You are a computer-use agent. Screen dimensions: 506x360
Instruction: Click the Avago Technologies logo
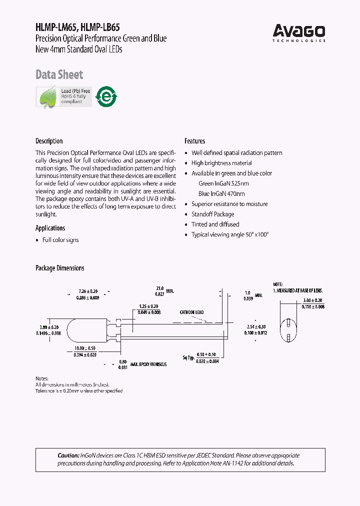(299, 33)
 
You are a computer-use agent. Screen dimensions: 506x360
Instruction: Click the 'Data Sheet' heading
(59, 75)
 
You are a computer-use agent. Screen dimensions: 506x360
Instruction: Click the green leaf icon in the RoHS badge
(48, 96)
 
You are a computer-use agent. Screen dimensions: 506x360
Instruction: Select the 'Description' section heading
(49, 141)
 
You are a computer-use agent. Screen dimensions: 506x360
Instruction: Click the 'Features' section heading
(194, 141)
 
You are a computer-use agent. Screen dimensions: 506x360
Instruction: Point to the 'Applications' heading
(50, 228)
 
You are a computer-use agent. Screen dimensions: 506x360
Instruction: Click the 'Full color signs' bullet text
(60, 240)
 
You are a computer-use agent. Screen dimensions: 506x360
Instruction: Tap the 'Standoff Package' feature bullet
(212, 214)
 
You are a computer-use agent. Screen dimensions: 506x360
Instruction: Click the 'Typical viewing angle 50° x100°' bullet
(230, 234)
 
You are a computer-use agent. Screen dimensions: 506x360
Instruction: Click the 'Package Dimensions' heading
(59, 268)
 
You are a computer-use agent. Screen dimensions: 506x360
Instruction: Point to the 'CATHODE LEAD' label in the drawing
(191, 312)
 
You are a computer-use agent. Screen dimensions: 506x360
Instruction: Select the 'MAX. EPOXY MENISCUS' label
(148, 364)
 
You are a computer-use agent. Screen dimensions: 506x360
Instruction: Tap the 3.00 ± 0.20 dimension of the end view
(314, 301)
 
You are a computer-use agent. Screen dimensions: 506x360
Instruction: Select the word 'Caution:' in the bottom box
(68, 455)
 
